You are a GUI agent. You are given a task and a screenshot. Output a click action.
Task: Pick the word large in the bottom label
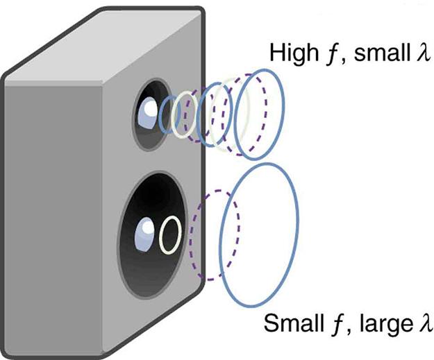point(380,325)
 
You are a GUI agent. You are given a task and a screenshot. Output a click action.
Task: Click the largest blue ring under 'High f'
point(253,114)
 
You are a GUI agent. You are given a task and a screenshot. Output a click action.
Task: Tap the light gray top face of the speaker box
point(104,42)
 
